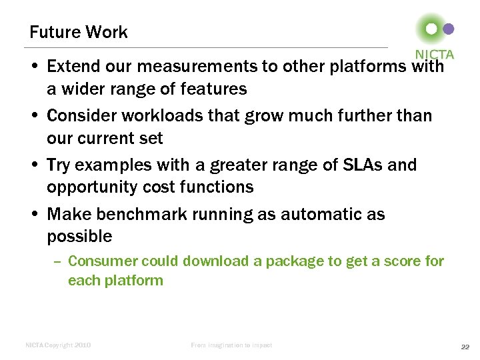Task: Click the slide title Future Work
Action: pyautogui.click(x=79, y=32)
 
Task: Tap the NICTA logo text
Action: pyautogui.click(x=434, y=54)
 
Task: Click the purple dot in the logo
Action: pyautogui.click(x=449, y=29)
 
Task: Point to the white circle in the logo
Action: pyautogui.click(x=431, y=29)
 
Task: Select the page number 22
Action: pyautogui.click(x=466, y=346)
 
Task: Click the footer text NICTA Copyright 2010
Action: pyautogui.click(x=58, y=345)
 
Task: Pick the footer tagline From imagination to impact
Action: pyautogui.click(x=231, y=345)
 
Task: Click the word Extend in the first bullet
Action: pyautogui.click(x=71, y=67)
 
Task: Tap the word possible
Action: pyautogui.click(x=79, y=236)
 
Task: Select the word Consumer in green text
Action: pyautogui.click(x=101, y=261)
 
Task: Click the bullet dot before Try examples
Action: pyautogui.click(x=33, y=165)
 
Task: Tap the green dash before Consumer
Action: pyautogui.click(x=57, y=262)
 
